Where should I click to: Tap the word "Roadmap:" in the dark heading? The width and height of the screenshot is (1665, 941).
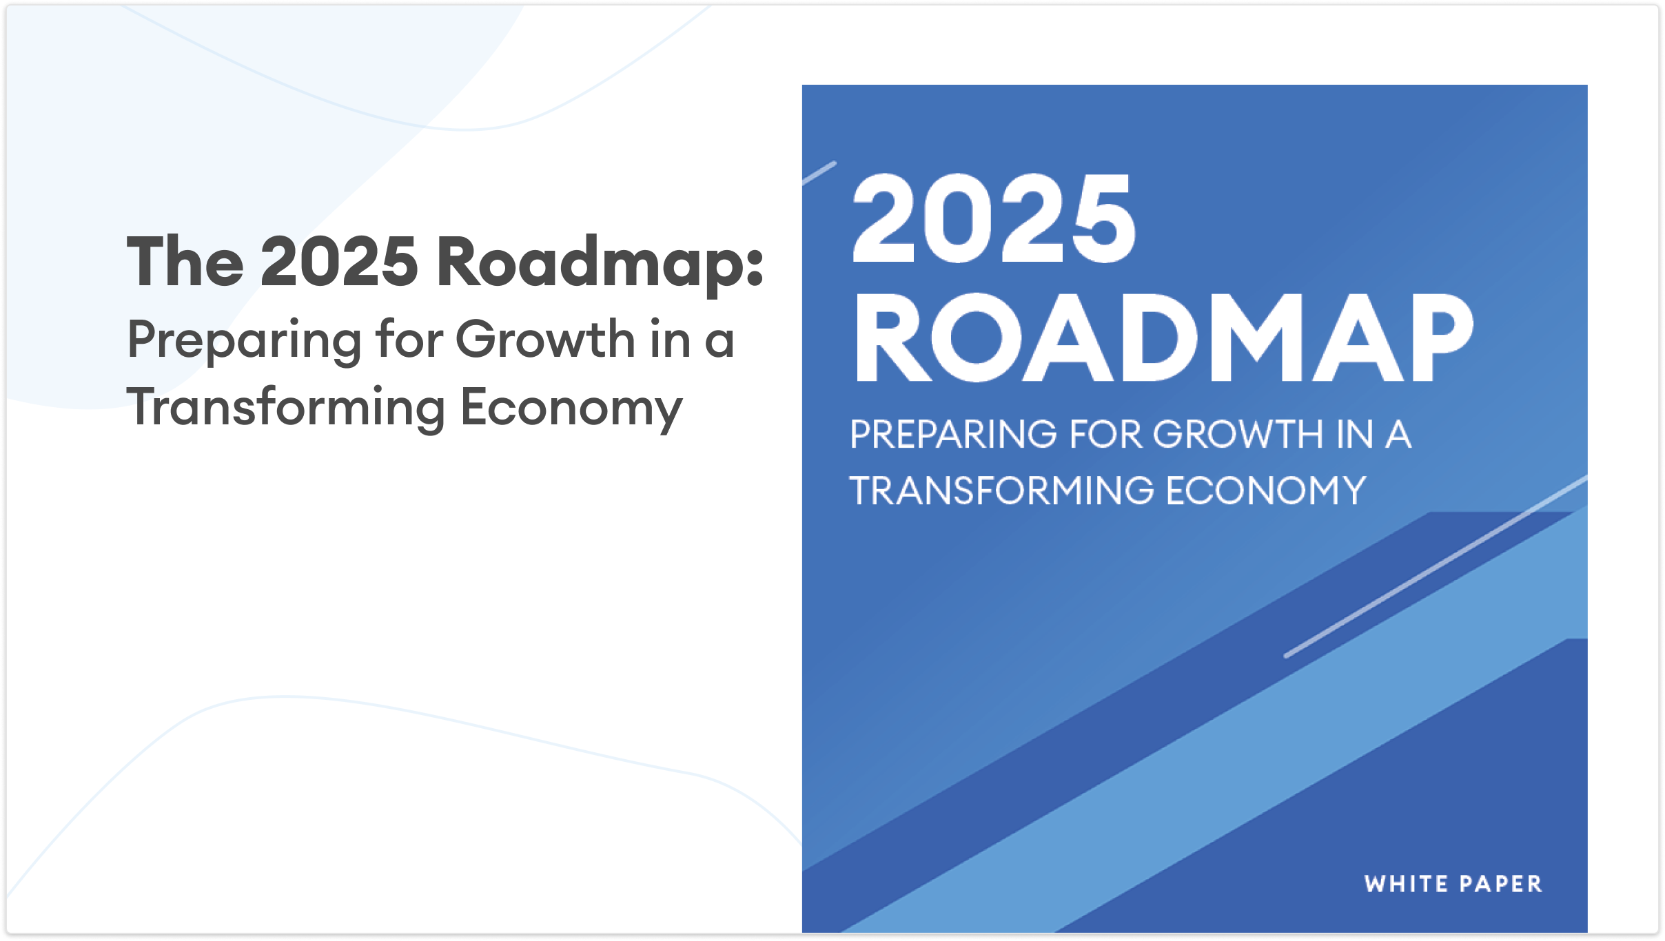pos(600,265)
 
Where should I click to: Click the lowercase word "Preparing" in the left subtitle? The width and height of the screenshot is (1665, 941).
pos(245,342)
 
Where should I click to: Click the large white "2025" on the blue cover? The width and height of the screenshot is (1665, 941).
pos(994,218)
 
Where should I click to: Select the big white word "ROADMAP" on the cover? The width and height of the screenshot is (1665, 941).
pos(1163,337)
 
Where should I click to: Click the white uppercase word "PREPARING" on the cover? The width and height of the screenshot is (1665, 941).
pos(953,435)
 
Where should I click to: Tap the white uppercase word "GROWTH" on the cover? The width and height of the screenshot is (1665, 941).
pos(1238,435)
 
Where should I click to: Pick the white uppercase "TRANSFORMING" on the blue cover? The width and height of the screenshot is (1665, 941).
pos(1001,491)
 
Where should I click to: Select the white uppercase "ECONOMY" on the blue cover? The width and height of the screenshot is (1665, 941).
pos(1266,491)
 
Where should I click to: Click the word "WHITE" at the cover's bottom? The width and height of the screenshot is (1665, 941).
pos(1406,884)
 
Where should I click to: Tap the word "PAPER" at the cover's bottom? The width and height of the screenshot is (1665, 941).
pos(1501,884)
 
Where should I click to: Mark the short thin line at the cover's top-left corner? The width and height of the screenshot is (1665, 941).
pos(819,173)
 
